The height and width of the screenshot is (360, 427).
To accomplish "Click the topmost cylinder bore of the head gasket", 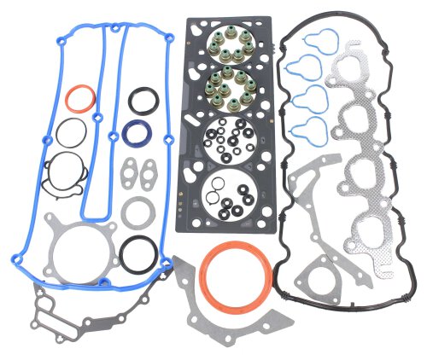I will point(231,49).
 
